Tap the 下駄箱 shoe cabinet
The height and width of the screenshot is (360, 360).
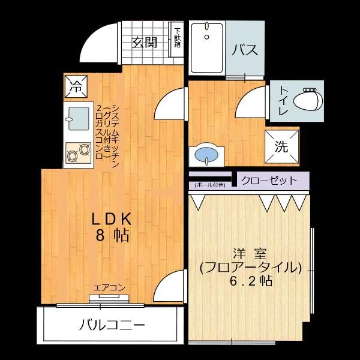(178, 38)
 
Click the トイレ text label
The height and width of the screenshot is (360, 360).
(282, 100)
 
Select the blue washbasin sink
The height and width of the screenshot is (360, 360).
(207, 154)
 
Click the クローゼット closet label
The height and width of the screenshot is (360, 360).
(268, 180)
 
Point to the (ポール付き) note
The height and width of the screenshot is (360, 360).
(209, 185)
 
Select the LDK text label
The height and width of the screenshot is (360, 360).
(112, 219)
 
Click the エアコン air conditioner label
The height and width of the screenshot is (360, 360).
(109, 287)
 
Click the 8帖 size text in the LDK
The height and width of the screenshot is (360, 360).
(112, 236)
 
